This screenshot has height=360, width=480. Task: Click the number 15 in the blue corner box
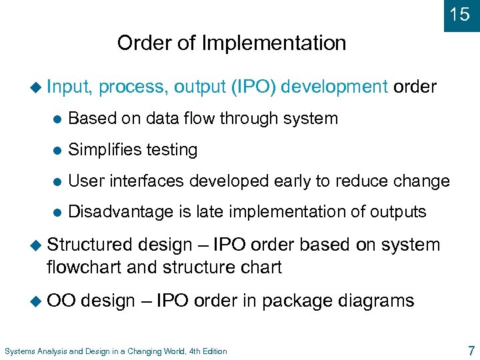(459, 15)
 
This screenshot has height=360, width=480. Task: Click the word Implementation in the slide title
(275, 43)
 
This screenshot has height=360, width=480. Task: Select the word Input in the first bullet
(71, 87)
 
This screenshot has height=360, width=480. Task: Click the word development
(334, 87)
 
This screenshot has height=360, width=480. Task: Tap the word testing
(175, 150)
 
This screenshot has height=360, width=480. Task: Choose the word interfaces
(149, 181)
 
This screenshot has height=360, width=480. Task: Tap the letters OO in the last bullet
(61, 301)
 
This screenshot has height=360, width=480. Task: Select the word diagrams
(375, 301)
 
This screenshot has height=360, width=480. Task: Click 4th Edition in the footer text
(204, 351)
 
